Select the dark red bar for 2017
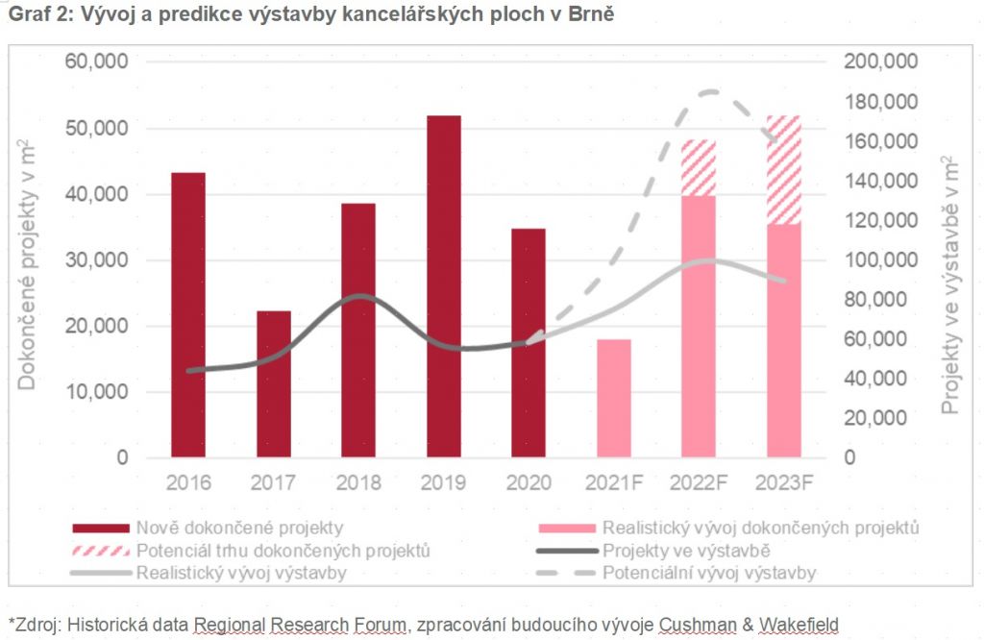pyautogui.click(x=273, y=383)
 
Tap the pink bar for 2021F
pyautogui.click(x=614, y=398)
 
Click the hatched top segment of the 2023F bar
pyautogui.click(x=784, y=170)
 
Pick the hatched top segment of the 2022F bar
pyautogui.click(x=699, y=168)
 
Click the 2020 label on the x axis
pyautogui.click(x=529, y=481)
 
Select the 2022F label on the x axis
pyautogui.click(x=699, y=481)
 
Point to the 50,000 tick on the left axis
pyautogui.click(x=96, y=128)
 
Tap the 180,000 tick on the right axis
pyautogui.click(x=881, y=102)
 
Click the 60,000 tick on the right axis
pyautogui.click(x=875, y=339)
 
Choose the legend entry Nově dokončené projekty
pyautogui.click(x=239, y=528)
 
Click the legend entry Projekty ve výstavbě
pyautogui.click(x=686, y=551)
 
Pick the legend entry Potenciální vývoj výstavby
pyautogui.click(x=709, y=574)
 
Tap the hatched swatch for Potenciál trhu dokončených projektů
pyautogui.click(x=100, y=551)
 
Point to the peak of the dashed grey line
pyautogui.click(x=709, y=92)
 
